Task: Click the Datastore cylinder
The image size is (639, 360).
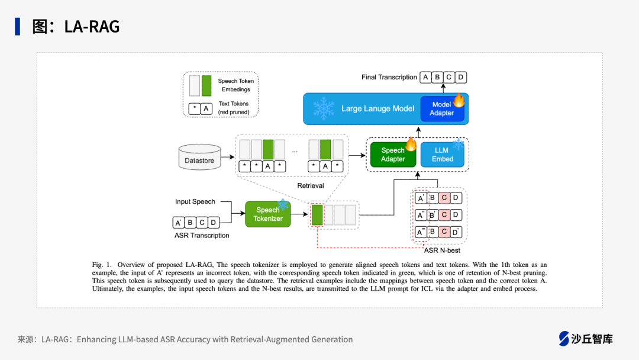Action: [200, 157]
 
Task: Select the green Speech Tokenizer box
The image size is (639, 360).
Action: [268, 214]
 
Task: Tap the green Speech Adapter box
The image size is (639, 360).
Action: [393, 155]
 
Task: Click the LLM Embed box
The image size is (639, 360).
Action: [442, 155]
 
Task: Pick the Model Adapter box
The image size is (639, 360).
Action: [442, 108]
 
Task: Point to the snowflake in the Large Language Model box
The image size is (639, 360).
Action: [324, 108]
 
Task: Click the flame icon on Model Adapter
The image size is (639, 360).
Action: [459, 100]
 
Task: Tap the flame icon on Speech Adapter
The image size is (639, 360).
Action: [411, 144]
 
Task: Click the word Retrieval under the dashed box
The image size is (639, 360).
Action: [311, 185]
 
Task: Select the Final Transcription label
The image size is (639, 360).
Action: [389, 77]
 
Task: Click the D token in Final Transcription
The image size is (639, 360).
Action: [460, 77]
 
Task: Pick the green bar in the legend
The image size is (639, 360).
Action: [206, 86]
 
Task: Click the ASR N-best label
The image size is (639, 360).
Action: [442, 250]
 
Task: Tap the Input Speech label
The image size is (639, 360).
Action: [195, 201]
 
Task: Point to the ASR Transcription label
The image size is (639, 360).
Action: [202, 235]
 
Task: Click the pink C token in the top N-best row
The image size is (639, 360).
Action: [444, 198]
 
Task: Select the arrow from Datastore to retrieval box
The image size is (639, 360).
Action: [227, 156]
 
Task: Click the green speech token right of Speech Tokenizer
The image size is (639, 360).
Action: [317, 215]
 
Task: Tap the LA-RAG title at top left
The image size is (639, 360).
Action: [76, 27]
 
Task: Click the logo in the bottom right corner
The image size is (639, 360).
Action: [586, 339]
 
